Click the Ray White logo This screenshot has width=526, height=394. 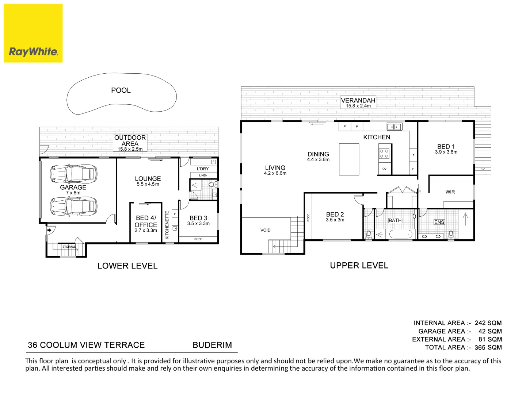[33, 33]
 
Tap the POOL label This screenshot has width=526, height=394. [121, 90]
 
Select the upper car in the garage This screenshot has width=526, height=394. [74, 173]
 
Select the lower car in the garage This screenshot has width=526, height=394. [74, 206]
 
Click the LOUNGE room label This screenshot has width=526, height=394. [148, 179]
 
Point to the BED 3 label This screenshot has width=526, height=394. [198, 218]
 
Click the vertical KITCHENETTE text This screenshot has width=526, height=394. [167, 225]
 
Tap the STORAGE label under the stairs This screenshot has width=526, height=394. [69, 247]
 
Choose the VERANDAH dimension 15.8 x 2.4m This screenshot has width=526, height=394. [358, 106]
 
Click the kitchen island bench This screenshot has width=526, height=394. [349, 159]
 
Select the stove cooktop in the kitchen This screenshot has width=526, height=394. [384, 154]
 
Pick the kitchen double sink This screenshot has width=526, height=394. [394, 127]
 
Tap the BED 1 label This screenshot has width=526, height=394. [446, 147]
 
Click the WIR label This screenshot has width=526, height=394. [450, 192]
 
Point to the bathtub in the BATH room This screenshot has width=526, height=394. [401, 234]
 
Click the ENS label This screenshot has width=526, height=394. [439, 222]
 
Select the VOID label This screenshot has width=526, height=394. [266, 230]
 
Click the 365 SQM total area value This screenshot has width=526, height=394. [488, 348]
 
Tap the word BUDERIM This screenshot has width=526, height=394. [212, 345]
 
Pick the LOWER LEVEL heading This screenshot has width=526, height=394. [127, 266]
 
